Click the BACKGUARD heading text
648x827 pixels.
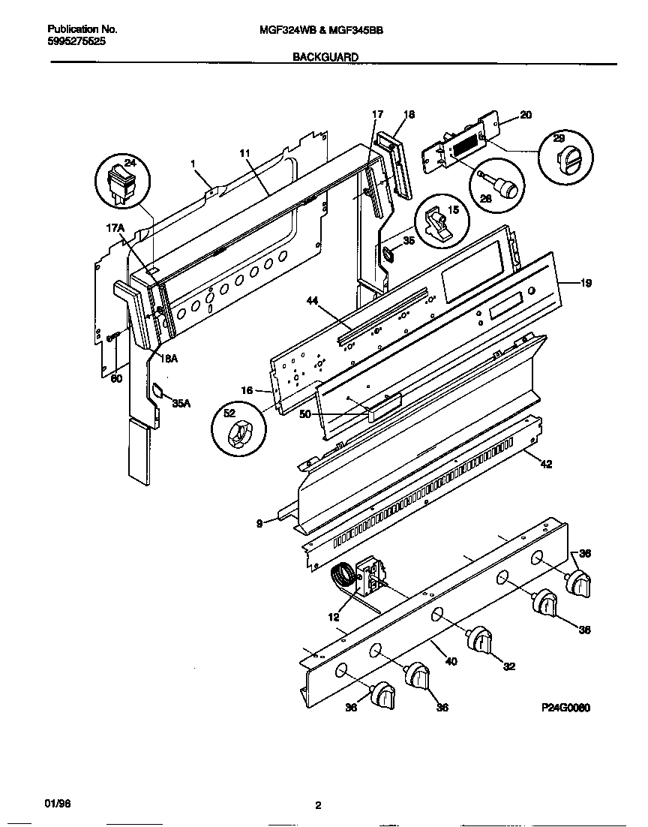(x=325, y=56)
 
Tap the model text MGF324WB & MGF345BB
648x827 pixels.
(x=325, y=30)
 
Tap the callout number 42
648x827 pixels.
(x=545, y=465)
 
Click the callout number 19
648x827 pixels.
(x=585, y=283)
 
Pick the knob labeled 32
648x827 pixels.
(x=479, y=642)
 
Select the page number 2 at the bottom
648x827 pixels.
(x=318, y=806)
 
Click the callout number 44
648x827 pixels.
(x=313, y=300)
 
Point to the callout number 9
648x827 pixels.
(x=259, y=524)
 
